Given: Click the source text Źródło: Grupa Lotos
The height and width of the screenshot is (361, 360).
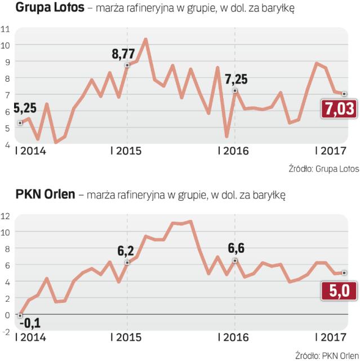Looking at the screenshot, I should (x=323, y=169).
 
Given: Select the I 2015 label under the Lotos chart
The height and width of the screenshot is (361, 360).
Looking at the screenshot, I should (x=127, y=151).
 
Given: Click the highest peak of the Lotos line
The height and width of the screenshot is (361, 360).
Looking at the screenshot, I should (x=145, y=39).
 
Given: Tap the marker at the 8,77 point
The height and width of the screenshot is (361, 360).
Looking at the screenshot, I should (x=127, y=65).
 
